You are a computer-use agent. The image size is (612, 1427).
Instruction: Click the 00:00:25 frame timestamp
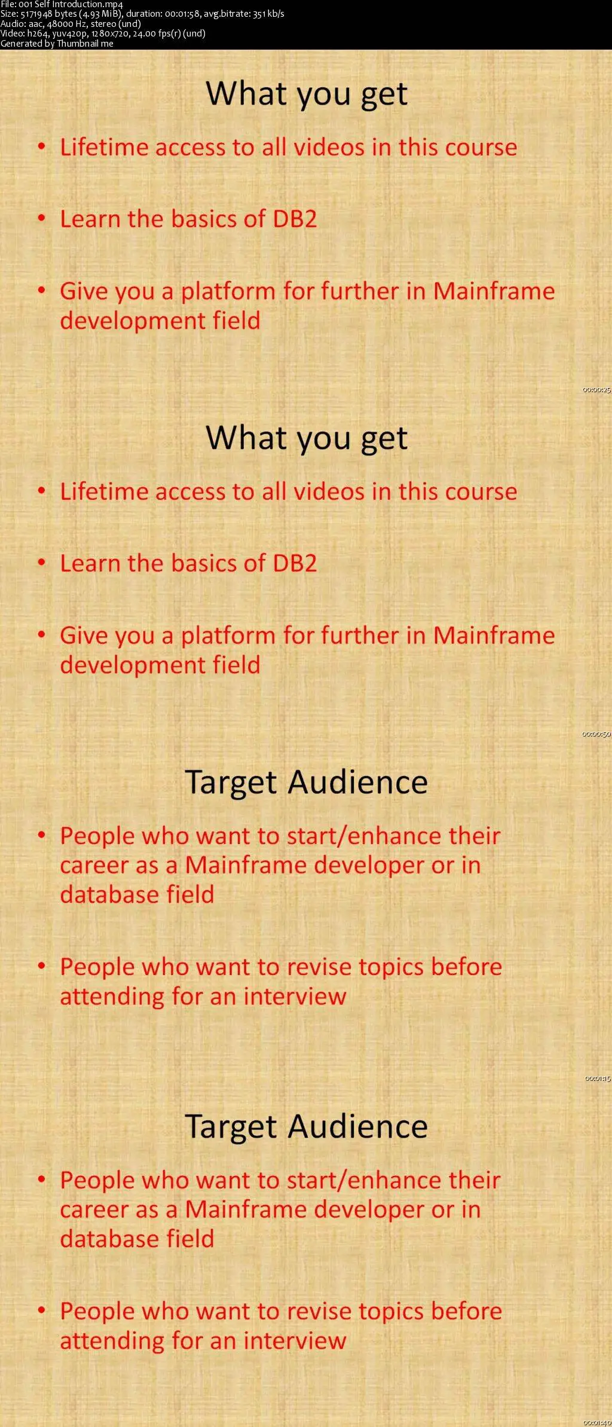[x=596, y=390]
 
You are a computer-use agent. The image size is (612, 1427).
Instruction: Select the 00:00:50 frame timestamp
[x=596, y=734]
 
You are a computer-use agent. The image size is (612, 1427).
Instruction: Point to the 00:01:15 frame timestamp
[x=597, y=1078]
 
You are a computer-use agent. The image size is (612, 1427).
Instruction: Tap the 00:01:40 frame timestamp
[x=597, y=1422]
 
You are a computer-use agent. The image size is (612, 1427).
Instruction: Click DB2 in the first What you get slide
[x=295, y=219]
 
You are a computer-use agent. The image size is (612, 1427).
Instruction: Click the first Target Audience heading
[x=307, y=782]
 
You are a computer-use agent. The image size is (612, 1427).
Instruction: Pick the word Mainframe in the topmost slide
[x=494, y=291]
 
